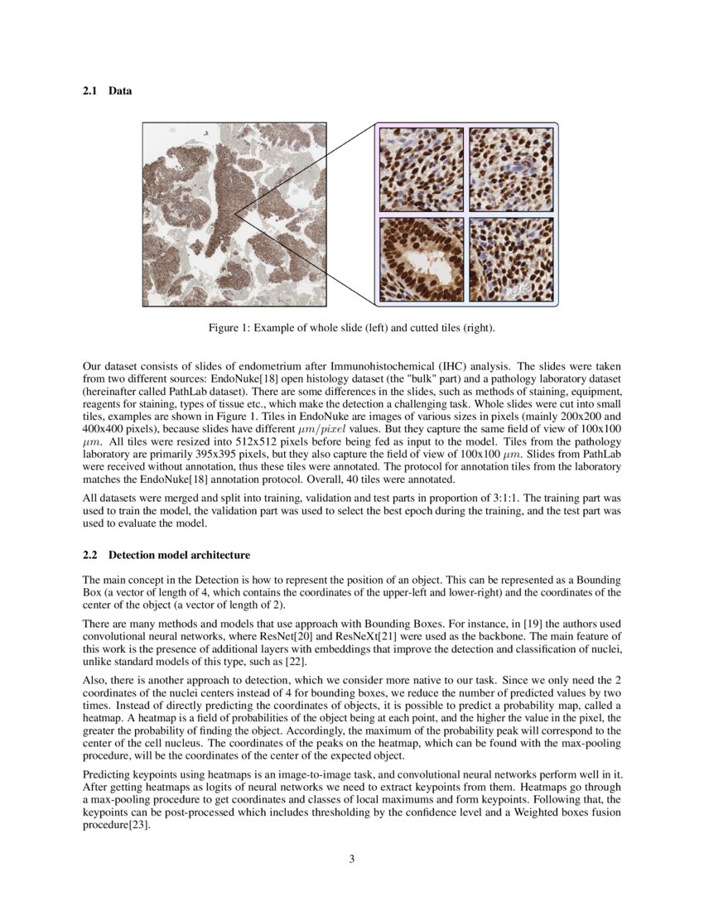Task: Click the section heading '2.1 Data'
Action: (x=107, y=91)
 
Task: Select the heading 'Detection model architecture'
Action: (x=179, y=554)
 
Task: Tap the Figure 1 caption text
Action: (x=351, y=329)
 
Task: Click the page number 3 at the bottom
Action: (x=352, y=859)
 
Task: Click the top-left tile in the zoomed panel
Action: (x=421, y=169)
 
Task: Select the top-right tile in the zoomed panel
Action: (x=511, y=169)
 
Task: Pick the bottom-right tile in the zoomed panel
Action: (x=511, y=259)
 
